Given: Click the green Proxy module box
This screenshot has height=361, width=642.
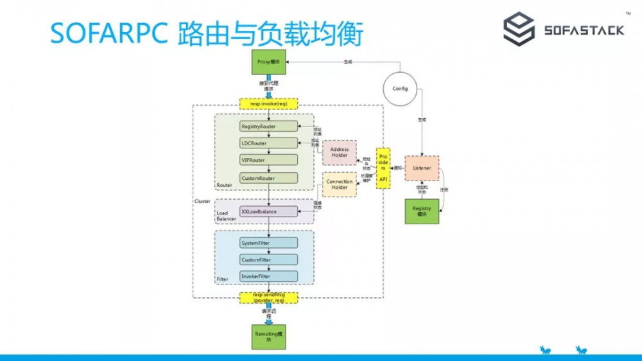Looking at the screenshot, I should point(268,62).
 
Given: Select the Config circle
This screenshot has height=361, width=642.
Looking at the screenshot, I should point(401,89).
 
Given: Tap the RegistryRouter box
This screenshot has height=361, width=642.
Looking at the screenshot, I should point(269,126).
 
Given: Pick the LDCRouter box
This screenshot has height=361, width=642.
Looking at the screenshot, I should point(269,143).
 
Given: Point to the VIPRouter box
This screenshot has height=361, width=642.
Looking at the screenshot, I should point(269,160).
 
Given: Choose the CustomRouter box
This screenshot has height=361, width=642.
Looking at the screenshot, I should point(269,177).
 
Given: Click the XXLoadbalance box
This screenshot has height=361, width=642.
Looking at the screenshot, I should point(269,211).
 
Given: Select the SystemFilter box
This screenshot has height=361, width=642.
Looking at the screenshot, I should point(269,243).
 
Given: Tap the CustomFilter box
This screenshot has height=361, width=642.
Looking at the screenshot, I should point(269,260).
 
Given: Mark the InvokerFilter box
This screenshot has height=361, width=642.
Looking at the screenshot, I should point(269,276).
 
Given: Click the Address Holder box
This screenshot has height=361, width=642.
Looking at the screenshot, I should point(339,152).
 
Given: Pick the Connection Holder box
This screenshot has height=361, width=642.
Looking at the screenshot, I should point(339,184).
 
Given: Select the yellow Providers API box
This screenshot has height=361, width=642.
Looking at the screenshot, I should point(383,167).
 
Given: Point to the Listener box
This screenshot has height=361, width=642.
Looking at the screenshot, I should point(422,168).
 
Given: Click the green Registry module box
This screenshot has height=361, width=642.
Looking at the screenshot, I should point(422,211).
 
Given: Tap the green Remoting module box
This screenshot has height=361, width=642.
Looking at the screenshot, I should point(268,337).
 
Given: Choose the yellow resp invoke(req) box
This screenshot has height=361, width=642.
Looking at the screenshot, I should point(268,103).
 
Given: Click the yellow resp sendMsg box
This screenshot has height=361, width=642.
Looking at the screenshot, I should point(268,297).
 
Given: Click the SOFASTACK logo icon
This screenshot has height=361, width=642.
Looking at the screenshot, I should point(519,30).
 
